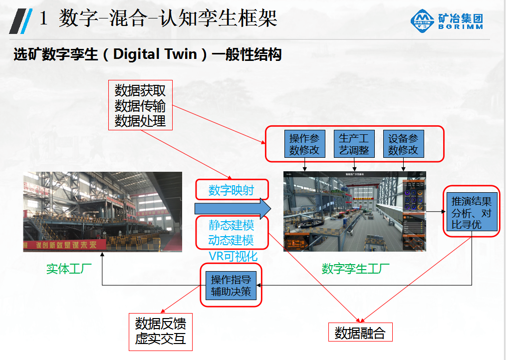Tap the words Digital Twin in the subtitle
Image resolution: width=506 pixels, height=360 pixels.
(155, 54)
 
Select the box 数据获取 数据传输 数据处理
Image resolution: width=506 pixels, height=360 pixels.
(140, 105)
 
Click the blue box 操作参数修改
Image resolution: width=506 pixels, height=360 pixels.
(304, 144)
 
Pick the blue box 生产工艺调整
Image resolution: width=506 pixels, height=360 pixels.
(354, 144)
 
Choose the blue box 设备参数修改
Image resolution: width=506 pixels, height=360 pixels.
(403, 144)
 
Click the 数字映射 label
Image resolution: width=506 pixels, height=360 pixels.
(231, 190)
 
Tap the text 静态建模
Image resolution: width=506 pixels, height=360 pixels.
(231, 225)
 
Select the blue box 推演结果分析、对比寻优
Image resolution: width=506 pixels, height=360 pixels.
(472, 212)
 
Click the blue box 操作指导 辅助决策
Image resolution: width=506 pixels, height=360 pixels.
(231, 285)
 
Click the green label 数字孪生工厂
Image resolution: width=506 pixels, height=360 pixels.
(355, 269)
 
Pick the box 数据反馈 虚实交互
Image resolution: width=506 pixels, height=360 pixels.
(160, 331)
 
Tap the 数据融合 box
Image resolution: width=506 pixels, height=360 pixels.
(360, 333)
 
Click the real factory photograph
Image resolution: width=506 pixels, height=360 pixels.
(102, 211)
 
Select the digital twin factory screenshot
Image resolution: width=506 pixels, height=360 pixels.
(355, 211)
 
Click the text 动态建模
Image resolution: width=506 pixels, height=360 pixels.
(231, 240)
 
